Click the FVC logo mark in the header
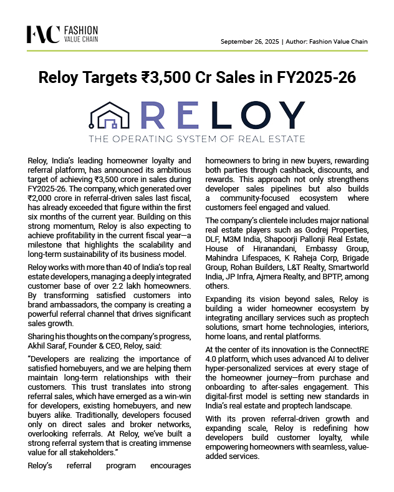click(x=43, y=34)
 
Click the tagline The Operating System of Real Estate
click(x=196, y=138)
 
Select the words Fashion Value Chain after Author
click(x=339, y=42)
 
